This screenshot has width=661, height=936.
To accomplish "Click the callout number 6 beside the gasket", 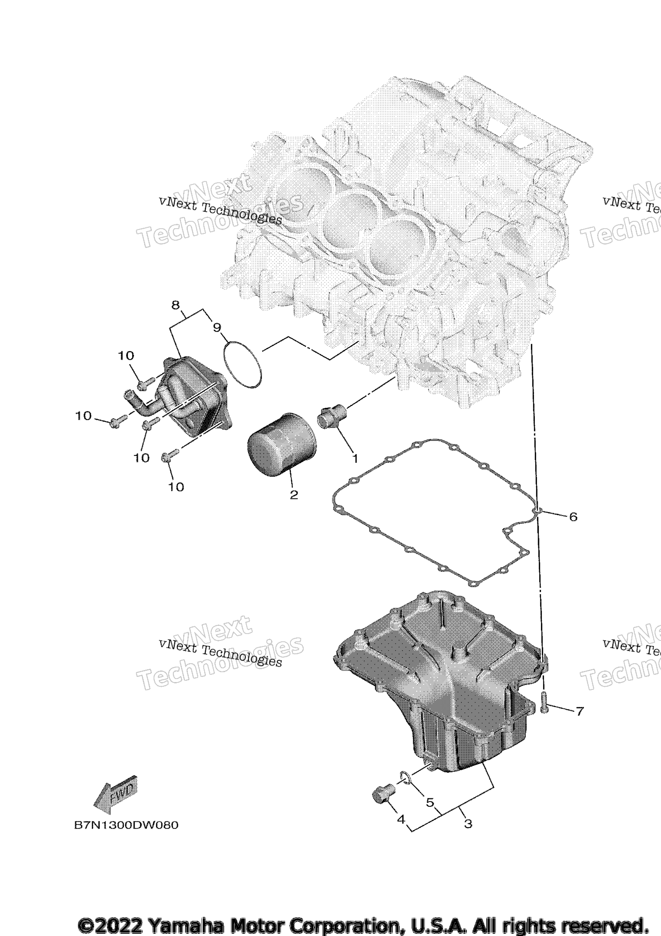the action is pos(573,517).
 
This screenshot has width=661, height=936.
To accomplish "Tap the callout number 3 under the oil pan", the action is pos(468,823).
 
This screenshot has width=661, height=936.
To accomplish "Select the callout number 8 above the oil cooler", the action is pos(175,305).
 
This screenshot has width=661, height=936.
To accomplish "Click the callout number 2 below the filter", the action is pos(294,495).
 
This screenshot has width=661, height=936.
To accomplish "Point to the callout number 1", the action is pos(355,459).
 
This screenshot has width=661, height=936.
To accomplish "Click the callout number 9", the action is pos(217,328).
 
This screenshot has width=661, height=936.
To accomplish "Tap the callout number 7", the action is pos(580,712).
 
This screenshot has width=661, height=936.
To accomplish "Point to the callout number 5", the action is pos(430,802).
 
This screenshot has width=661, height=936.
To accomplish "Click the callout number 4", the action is pos(401,819).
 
